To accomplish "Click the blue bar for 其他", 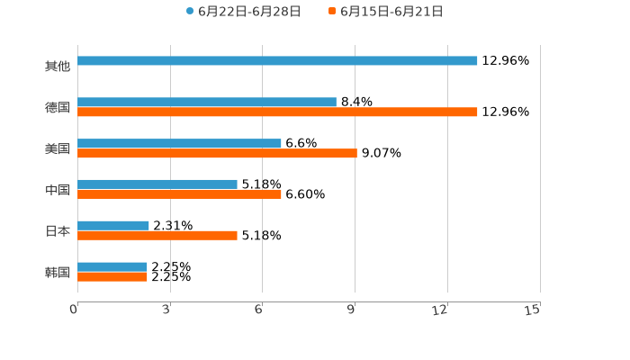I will (x=277, y=61).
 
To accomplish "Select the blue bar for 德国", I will (x=207, y=103).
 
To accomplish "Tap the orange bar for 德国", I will (x=277, y=112).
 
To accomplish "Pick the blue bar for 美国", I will (x=179, y=144).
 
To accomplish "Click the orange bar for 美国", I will (x=217, y=154).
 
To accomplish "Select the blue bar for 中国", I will (x=157, y=184).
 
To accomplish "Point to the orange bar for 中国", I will (x=179, y=194).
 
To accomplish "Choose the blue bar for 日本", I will (x=113, y=226).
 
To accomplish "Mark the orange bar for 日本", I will (x=157, y=236).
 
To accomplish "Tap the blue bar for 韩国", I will (x=112, y=266).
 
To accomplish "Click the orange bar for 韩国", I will (x=112, y=277).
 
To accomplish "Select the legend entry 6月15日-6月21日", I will (x=391, y=12).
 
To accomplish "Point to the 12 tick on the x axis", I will (x=440, y=310).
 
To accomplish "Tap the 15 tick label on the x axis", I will (x=533, y=310).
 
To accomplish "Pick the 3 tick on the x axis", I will (x=166, y=310).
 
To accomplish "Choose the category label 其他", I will (x=58, y=67).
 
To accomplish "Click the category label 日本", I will (x=58, y=231).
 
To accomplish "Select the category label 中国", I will (x=58, y=190).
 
